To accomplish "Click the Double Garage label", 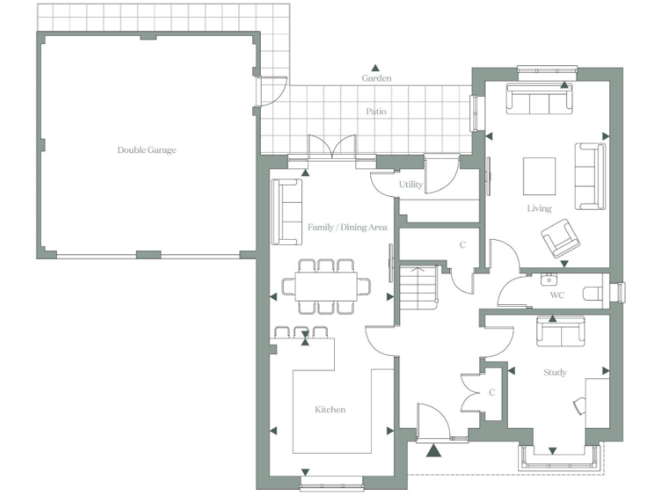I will pos(147,150).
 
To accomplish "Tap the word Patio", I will pos(376,112).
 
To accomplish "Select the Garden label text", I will pos(376,78).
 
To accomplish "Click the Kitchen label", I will pos(330,410).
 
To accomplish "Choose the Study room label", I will pos(555,373).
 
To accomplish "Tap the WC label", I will pos(558,296).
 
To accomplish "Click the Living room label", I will pos(540,209).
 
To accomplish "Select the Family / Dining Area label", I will pos(347,228).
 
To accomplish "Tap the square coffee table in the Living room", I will pos(540,175).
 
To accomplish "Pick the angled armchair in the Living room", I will pos(560,239).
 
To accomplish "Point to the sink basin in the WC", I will pos(547,279).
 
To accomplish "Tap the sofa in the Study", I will pos(561,332).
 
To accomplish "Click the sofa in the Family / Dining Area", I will pos(287,211).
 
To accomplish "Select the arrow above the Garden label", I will pos(375,67).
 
